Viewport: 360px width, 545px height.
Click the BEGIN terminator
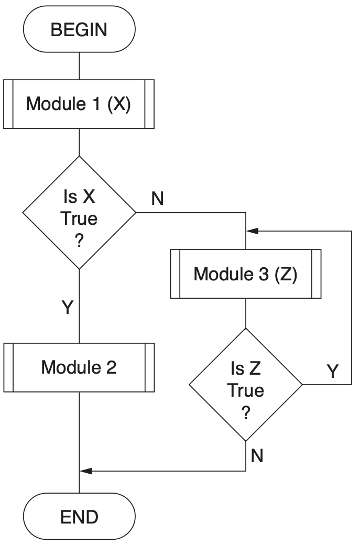[x=79, y=29]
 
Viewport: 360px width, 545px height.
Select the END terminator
[x=79, y=517]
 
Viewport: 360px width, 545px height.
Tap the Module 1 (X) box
[x=79, y=104]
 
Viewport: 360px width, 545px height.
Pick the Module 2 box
[x=79, y=367]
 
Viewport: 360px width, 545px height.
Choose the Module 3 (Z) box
[x=245, y=274]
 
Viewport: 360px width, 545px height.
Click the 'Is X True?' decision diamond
[x=79, y=212]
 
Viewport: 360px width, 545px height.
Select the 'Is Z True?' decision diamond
[x=245, y=385]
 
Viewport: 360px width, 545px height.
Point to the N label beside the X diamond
[x=157, y=199]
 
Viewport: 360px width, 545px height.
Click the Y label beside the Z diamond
[x=332, y=371]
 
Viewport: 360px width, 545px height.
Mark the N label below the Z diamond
[x=257, y=456]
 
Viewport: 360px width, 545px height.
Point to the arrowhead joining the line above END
[x=85, y=471]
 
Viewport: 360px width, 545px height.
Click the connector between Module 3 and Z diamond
[x=245, y=313]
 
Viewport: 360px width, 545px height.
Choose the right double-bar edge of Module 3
[x=316, y=274]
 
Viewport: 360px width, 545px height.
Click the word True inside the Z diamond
[x=245, y=390]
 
